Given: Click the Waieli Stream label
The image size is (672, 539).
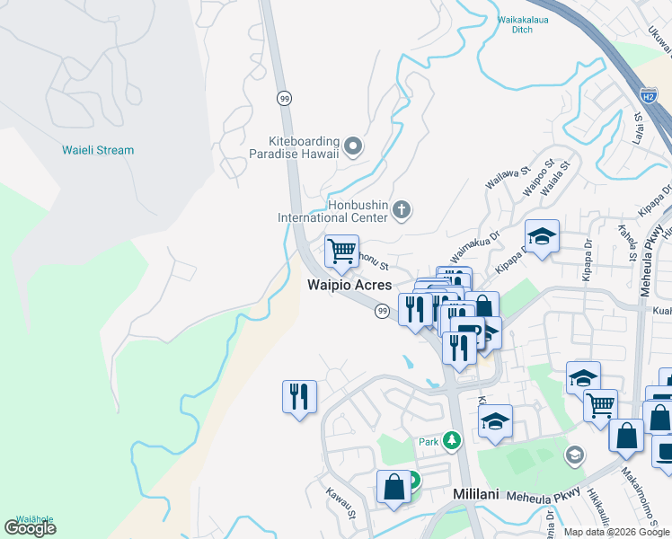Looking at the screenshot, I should click(x=98, y=150).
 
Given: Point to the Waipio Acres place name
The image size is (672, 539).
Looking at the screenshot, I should click(x=350, y=285).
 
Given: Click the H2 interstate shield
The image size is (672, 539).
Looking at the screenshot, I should click(x=648, y=94).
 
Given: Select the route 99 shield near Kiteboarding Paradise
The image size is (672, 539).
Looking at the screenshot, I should click(x=284, y=97).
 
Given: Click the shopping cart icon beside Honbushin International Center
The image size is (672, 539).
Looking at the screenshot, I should click(x=341, y=251).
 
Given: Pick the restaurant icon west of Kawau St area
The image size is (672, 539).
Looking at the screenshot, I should click(x=299, y=396).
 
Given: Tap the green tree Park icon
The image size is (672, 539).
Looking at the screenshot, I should click(x=452, y=440).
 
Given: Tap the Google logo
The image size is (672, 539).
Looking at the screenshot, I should click(x=30, y=528).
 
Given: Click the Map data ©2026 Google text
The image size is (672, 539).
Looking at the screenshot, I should click(x=616, y=532).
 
